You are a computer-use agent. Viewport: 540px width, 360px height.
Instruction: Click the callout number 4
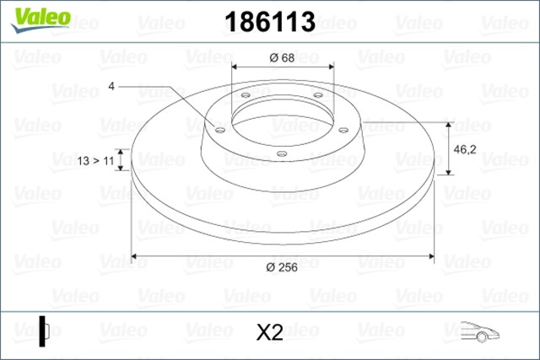coord(111,86)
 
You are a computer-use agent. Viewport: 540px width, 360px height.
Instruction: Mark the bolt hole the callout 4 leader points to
coord(219,130)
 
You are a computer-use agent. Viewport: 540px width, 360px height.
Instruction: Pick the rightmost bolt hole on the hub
coord(343,129)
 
